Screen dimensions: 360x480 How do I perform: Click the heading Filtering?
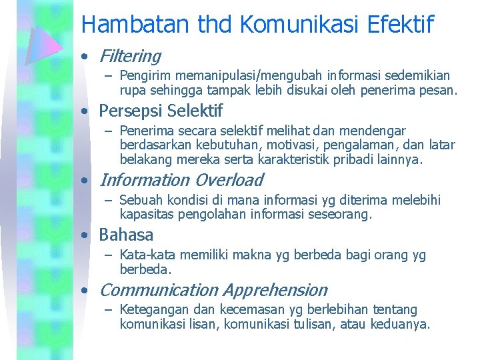[130, 57]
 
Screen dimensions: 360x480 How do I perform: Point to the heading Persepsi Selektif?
[161, 111]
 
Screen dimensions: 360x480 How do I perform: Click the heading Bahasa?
[126, 235]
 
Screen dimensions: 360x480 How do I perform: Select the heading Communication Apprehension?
[213, 290]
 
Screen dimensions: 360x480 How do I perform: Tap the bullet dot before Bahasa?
[84, 235]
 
